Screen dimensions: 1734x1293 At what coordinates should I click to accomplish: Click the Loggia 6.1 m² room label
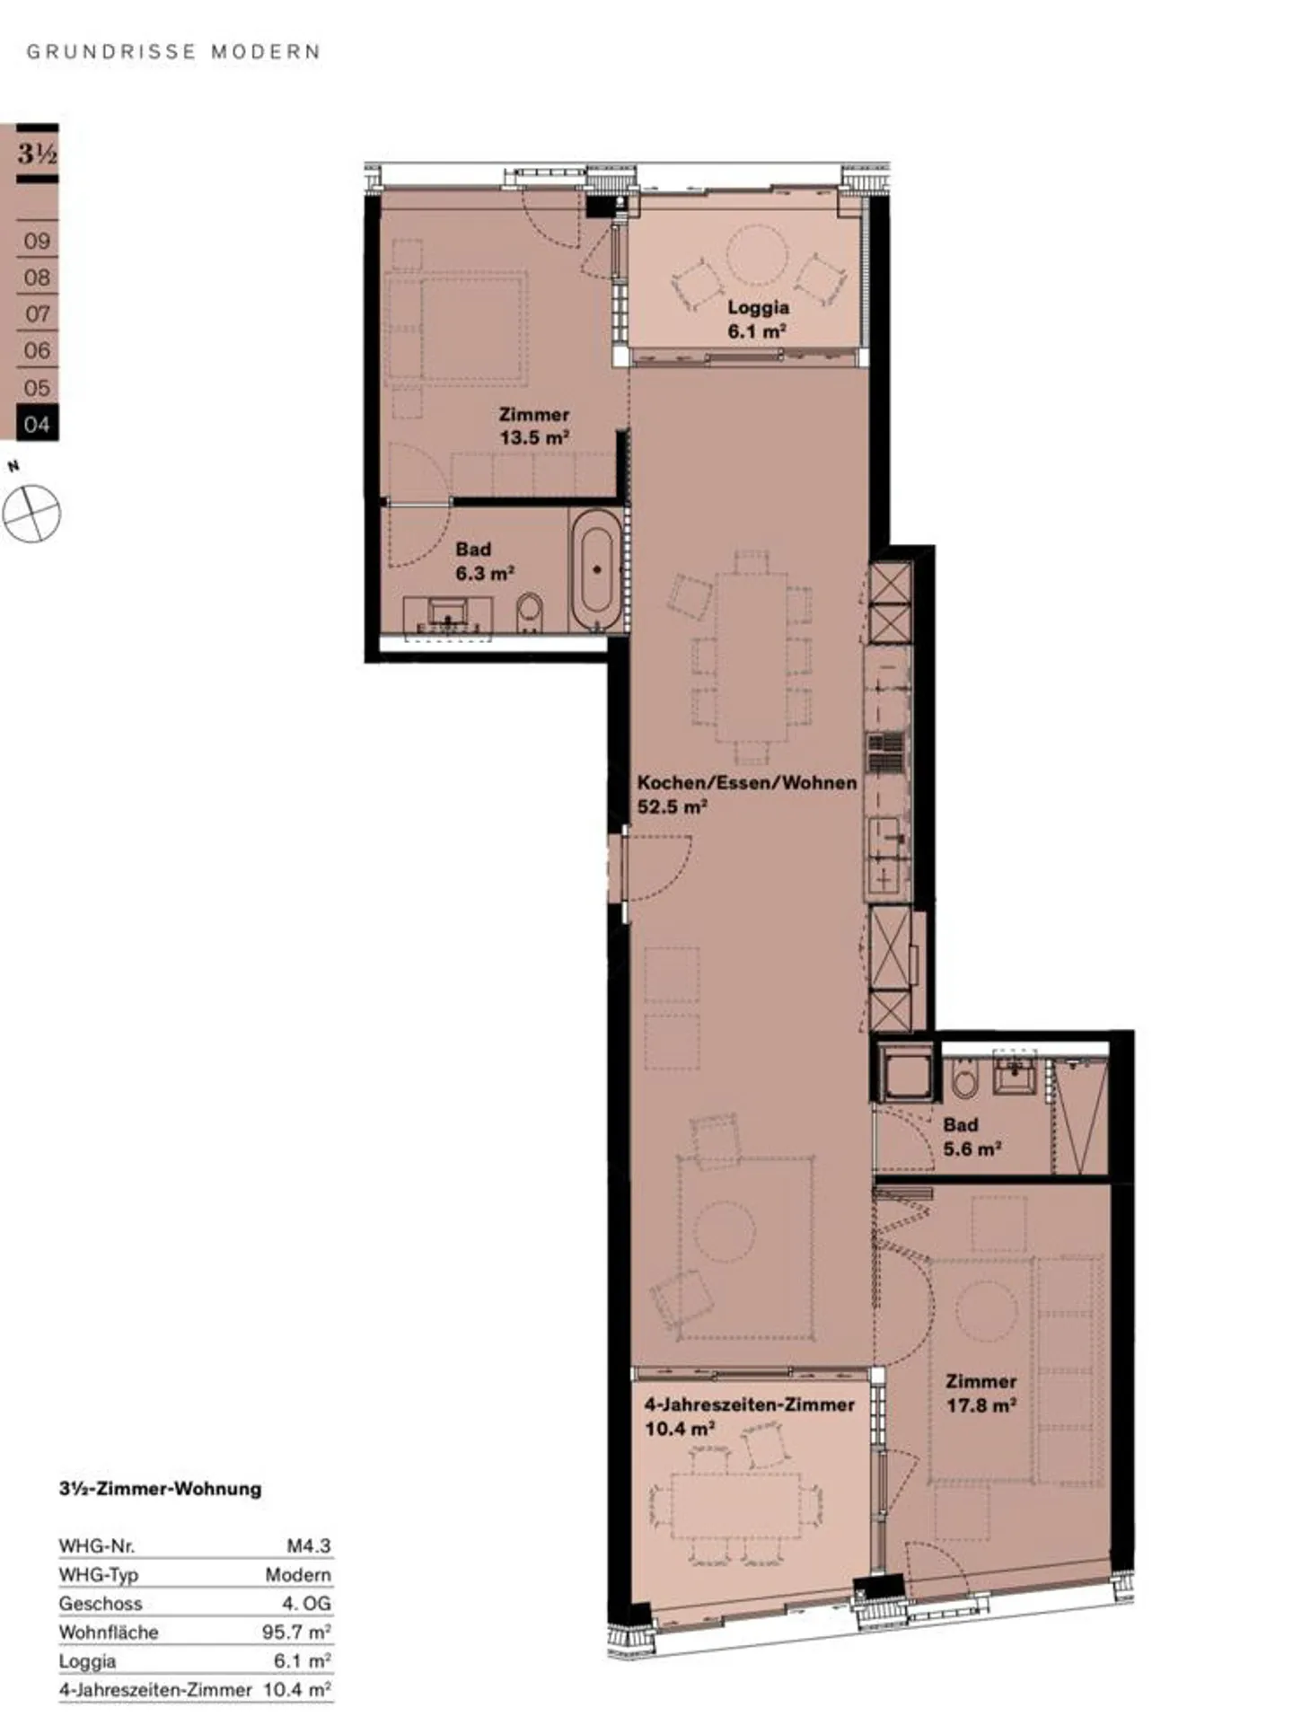click(x=757, y=319)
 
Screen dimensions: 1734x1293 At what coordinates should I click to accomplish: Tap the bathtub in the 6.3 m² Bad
click(x=595, y=568)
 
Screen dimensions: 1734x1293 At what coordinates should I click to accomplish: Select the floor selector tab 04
click(x=37, y=424)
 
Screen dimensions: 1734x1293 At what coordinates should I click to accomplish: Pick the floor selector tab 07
click(x=37, y=314)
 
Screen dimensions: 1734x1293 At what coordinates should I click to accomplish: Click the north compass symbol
click(x=31, y=514)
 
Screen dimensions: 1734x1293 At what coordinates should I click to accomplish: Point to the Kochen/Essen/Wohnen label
click(x=746, y=783)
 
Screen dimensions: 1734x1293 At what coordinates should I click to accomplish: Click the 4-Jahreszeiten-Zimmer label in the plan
click(x=749, y=1404)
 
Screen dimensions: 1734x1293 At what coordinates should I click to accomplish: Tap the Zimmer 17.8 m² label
click(x=981, y=1393)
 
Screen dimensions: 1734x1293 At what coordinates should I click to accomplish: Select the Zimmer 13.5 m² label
click(x=534, y=427)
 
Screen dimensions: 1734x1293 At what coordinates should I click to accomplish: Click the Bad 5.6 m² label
click(x=971, y=1137)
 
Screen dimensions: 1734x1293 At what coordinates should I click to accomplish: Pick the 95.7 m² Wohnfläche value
click(x=296, y=1632)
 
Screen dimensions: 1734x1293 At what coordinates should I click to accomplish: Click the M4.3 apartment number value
click(x=309, y=1545)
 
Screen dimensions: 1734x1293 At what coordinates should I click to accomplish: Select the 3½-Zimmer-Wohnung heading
click(x=160, y=1488)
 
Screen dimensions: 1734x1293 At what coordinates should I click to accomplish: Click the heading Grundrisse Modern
click(x=173, y=52)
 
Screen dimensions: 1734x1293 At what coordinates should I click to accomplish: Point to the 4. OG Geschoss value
click(x=306, y=1603)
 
